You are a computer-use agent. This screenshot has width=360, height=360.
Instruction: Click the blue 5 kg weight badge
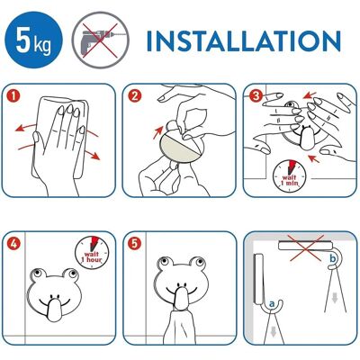(x=34, y=40)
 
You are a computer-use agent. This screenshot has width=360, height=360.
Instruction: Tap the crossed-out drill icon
(x=100, y=40)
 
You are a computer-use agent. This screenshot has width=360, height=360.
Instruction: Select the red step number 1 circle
(x=13, y=96)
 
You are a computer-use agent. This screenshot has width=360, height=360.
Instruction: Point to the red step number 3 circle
(x=256, y=95)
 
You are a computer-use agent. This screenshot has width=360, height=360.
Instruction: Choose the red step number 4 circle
(x=13, y=243)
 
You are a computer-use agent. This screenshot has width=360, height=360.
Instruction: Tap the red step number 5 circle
(x=134, y=243)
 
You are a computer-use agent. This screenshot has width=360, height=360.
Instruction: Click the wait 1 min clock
(x=289, y=175)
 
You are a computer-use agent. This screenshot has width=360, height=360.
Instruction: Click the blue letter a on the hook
(x=272, y=304)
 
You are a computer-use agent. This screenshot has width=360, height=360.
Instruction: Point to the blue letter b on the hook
(x=331, y=258)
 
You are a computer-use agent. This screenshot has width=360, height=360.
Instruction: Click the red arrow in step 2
(x=158, y=132)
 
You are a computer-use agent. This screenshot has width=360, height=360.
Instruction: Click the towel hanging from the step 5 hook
(x=182, y=327)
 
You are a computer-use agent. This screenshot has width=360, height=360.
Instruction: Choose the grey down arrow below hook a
(x=273, y=332)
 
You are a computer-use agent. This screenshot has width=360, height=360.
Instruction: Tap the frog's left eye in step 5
(x=164, y=262)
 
